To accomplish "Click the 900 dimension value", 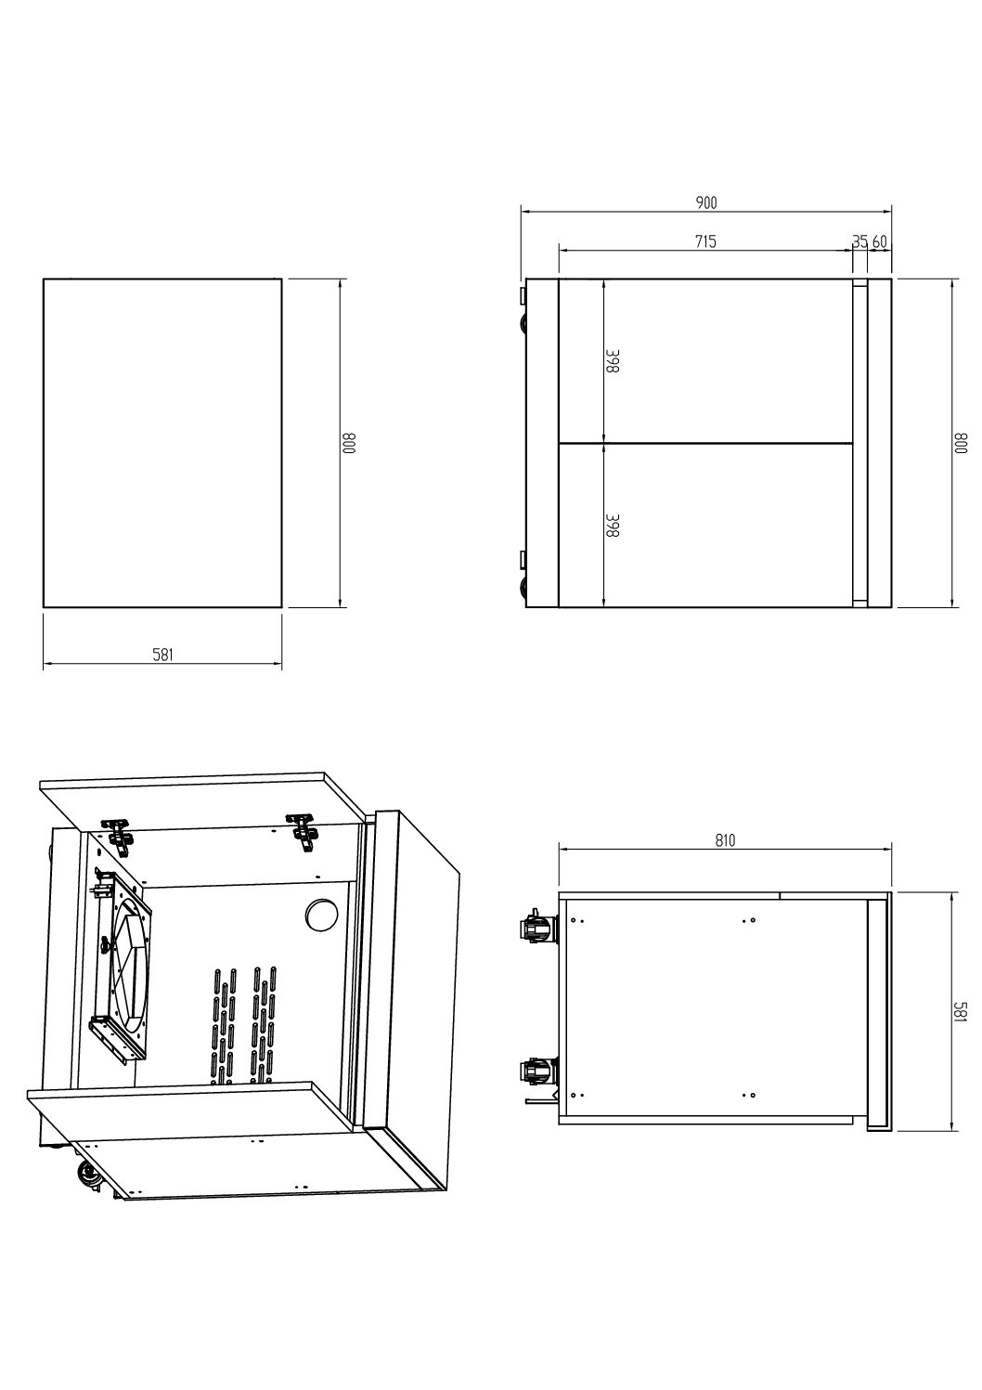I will pos(706,202).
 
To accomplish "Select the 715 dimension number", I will pos(705,241).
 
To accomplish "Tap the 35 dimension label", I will pos(860,241).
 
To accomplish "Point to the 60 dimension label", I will pos(880,241).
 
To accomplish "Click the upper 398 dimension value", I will pos(613,362).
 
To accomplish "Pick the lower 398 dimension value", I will pos(613,526).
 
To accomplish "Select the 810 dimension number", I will pos(725,841).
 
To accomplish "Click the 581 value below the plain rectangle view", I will pos(162,655).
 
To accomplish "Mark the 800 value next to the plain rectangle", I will pos(350,443).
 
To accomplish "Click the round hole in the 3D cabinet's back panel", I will pos(320,915).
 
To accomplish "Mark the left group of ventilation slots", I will pos(219,1026).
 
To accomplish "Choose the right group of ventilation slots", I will pos(262,1026).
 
